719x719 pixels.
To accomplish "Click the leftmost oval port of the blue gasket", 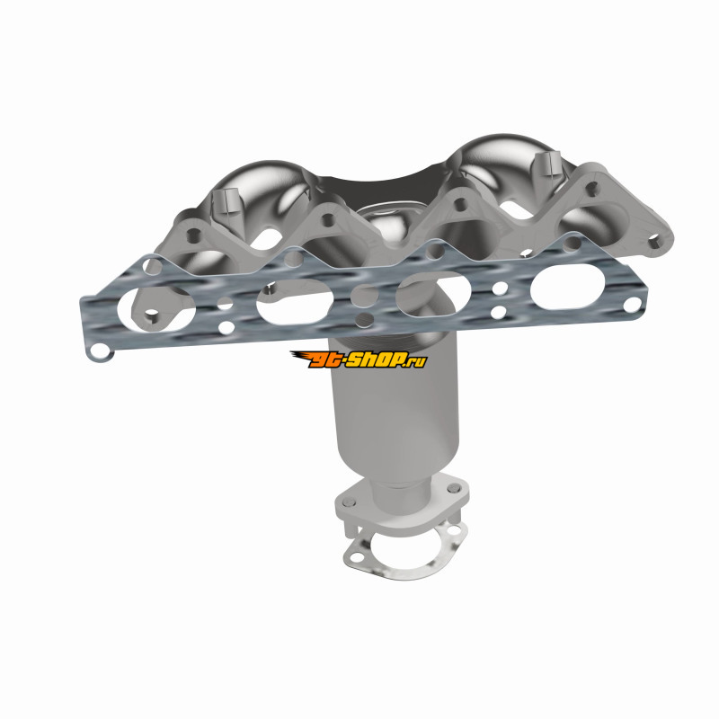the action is coord(156,309).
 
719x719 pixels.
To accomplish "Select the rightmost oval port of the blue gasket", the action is coord(566,287).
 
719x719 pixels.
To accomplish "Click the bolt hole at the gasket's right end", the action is coord(632,303).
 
